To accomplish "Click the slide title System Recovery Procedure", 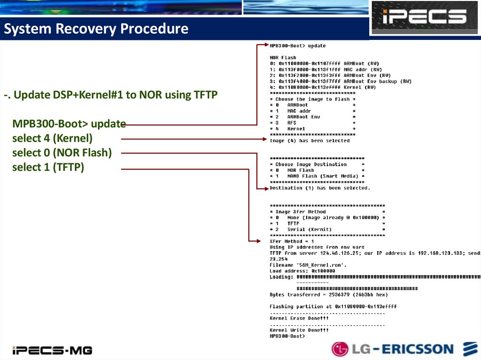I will pyautogui.click(x=96, y=29).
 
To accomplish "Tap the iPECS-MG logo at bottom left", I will pyautogui.click(x=52, y=350).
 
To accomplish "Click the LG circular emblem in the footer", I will pyautogui.click(x=340, y=349).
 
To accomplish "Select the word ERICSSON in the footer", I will pyautogui.click(x=417, y=349).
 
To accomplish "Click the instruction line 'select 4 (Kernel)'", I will pyautogui.click(x=53, y=138).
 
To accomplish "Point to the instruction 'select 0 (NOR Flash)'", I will pyautogui.click(x=62, y=153).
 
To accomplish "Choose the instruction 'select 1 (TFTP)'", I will pyautogui.click(x=48, y=167).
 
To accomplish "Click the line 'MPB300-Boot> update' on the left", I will pyautogui.click(x=69, y=124).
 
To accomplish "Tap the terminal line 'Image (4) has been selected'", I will pyautogui.click(x=310, y=140).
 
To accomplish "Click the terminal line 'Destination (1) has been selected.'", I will pyautogui.click(x=320, y=188).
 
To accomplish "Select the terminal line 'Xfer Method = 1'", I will pyautogui.click(x=292, y=241).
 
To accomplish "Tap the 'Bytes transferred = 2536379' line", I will pyautogui.click(x=329, y=295).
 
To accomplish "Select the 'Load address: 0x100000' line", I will pyautogui.click(x=303, y=271).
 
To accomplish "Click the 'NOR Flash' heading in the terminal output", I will pyautogui.click(x=283, y=58).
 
